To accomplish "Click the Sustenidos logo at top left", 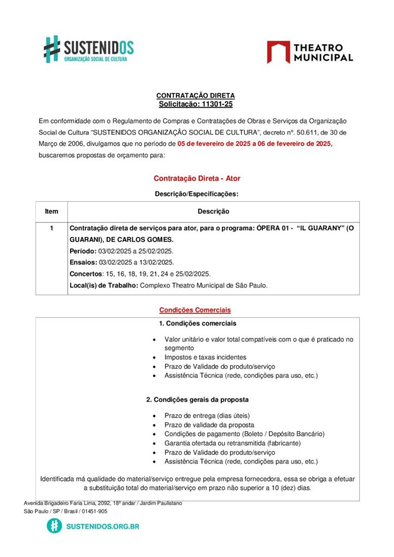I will pos(88,49).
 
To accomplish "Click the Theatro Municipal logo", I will pos(310,52).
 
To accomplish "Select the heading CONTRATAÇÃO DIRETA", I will pos(195,96).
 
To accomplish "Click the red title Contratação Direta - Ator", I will pos(196,178).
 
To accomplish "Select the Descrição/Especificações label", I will pos(196,193).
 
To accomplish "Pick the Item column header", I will pos(52,211).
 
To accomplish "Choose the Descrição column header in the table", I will pos(213,211).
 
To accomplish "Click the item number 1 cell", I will pos(52,228).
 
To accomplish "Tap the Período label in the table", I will pos(83,251).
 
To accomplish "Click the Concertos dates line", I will pos(140,274).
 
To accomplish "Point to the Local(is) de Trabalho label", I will pos(103,285).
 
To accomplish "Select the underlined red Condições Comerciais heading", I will pos(195,310).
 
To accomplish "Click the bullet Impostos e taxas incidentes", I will pos(205,357).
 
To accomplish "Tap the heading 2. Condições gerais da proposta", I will pos(198,399).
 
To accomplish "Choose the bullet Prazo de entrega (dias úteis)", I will pos(207,416).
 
